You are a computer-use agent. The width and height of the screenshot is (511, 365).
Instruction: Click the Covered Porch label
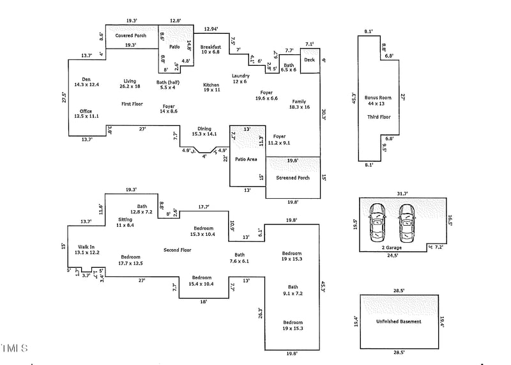130,35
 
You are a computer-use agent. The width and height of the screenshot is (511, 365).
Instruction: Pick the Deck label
309,60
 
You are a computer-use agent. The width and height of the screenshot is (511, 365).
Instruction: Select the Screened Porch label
293,178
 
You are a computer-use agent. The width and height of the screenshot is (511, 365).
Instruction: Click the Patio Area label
246,159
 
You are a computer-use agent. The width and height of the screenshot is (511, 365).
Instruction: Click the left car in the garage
377,220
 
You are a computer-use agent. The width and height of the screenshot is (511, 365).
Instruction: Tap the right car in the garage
406,220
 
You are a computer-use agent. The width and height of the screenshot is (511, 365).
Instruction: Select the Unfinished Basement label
399,321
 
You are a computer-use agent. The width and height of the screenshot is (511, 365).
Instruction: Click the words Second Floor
178,250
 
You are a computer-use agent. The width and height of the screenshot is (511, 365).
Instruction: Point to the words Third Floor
378,117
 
